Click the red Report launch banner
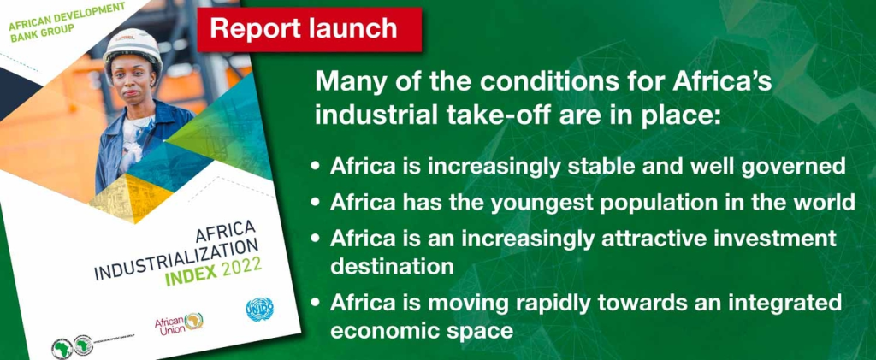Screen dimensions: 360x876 click(304, 28)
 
